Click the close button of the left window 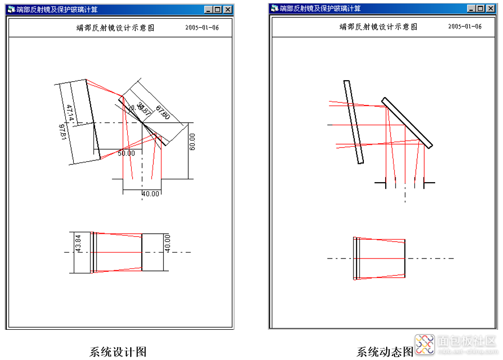pyautogui.click(x=227, y=9)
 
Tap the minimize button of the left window pyautogui.click(x=208, y=9)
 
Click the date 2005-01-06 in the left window pyautogui.click(x=202, y=28)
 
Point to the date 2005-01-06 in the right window pyautogui.click(x=465, y=27)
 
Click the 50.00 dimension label pyautogui.click(x=126, y=153)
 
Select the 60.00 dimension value pyautogui.click(x=192, y=142)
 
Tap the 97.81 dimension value pyautogui.click(x=63, y=132)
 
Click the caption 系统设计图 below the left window pyautogui.click(x=118, y=352)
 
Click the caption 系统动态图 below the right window pyautogui.click(x=385, y=352)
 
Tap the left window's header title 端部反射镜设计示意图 pyautogui.click(x=115, y=28)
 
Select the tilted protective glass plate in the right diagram pyautogui.click(x=354, y=122)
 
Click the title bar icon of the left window pyautogui.click(x=11, y=9)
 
